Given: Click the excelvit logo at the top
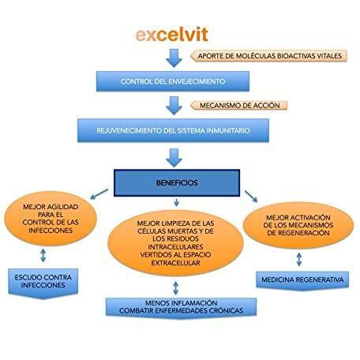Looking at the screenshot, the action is (172, 35).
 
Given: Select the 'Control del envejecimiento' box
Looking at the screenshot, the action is (173, 81).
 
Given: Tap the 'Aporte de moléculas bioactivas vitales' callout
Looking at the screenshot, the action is (268, 56).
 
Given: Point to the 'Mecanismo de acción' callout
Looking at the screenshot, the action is (238, 106).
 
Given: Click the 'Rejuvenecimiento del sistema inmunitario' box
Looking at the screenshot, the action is (173, 130).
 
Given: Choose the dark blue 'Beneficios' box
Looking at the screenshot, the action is (177, 183).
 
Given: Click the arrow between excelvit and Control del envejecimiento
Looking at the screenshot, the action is (174, 58).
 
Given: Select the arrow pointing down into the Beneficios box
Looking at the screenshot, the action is (174, 158).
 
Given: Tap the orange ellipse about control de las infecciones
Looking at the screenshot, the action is (51, 219).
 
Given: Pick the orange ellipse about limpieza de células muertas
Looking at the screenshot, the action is (175, 243).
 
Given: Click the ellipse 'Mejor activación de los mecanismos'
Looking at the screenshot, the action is (298, 225).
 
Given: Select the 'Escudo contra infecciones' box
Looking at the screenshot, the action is (43, 283).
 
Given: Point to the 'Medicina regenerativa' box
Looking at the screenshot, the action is (302, 280).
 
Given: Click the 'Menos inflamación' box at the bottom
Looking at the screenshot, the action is (181, 307).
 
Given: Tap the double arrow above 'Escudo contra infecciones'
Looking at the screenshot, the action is (43, 255).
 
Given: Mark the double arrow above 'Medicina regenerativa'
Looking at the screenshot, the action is (299, 260).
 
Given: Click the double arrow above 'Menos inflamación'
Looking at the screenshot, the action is (176, 287).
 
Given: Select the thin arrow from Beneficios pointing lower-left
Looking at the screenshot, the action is (99, 193).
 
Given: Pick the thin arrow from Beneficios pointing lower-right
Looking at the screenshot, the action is (251, 197).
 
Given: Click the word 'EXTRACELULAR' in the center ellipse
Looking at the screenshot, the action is (175, 263).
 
